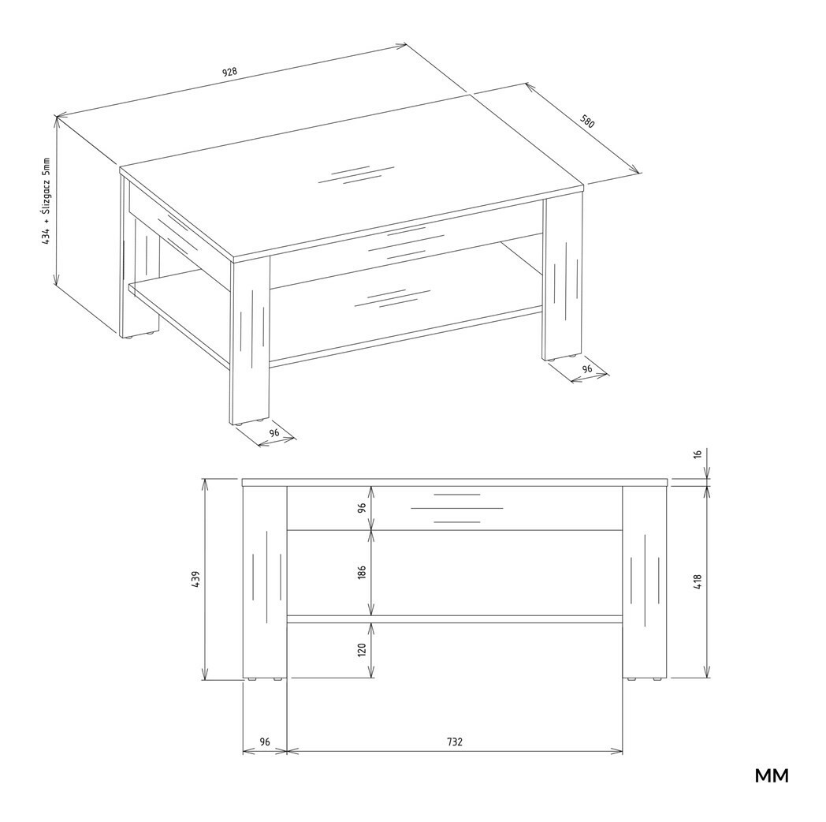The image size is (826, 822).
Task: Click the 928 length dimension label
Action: pos(229,73)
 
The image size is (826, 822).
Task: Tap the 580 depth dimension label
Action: pos(587,121)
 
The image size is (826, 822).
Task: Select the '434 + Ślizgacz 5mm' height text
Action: pos(47,201)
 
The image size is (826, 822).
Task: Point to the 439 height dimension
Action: pos(195,580)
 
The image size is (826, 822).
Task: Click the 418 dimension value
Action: pos(698,581)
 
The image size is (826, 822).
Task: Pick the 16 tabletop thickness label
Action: pos(698,454)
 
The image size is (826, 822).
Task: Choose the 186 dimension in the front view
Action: pos(362,572)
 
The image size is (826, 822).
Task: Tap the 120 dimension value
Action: pos(362,649)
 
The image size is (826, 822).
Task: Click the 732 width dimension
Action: pos(455,742)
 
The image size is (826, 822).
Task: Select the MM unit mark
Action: pos(772,775)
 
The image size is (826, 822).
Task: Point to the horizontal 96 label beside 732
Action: pos(265,742)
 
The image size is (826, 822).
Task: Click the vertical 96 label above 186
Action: pos(362,508)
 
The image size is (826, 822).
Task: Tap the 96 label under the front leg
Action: pos(274,432)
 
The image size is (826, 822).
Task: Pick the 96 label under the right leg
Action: pos(587,368)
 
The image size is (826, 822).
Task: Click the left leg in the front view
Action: pos(265,581)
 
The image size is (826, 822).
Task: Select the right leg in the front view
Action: pos(645,581)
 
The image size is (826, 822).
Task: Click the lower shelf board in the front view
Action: pos(455,619)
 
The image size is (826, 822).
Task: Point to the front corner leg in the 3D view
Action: pos(251,341)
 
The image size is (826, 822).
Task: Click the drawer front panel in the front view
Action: pos(455,508)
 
